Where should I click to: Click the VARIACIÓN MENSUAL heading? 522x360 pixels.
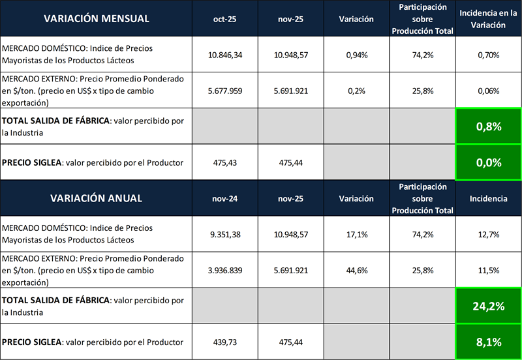[97, 18]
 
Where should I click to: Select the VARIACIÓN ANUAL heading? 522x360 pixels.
[97, 198]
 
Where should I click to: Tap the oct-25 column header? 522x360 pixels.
[224, 18]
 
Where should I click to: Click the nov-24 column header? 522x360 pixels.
[224, 198]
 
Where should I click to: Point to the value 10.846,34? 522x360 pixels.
[224, 55]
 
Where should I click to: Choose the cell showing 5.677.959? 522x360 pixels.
[224, 91]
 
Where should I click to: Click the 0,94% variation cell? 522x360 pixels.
[356, 55]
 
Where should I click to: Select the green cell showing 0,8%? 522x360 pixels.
[489, 127]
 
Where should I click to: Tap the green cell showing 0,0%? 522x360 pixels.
[489, 162]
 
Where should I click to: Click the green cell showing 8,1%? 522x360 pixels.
[489, 342]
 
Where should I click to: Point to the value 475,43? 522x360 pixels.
[224, 162]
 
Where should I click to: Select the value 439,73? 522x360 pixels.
[224, 342]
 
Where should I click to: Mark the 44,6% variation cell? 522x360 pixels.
[356, 270]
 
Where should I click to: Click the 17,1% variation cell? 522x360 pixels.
[356, 234]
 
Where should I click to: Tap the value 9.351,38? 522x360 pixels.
[224, 234]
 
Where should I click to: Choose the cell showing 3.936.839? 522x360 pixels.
[224, 270]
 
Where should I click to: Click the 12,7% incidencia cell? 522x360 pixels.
[489, 234]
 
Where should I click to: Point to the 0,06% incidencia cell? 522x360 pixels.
[489, 91]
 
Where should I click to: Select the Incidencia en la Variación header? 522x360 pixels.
[489, 18]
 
